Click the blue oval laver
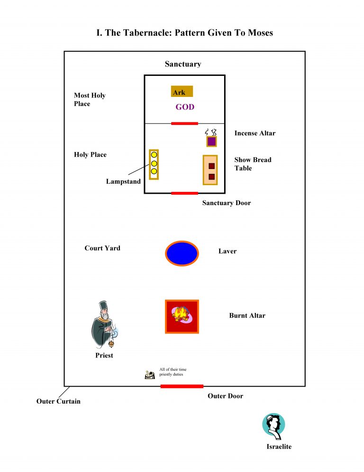coord(182,253)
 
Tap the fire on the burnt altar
coord(180,313)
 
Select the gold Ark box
coord(182,92)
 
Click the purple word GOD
coord(185,107)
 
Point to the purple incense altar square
coord(211,142)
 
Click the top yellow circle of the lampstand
coord(154,155)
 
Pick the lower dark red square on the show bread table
coord(211,177)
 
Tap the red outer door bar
coord(182,386)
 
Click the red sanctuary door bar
coord(184,193)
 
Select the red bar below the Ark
coord(184,123)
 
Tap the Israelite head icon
coord(273,426)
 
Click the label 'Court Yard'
coord(102,248)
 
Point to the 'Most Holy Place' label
coord(90,100)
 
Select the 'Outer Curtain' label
coord(58,402)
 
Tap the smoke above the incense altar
coord(211,132)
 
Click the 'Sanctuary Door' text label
coord(227,203)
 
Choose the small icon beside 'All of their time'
coord(150,375)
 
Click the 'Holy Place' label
coord(90,155)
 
